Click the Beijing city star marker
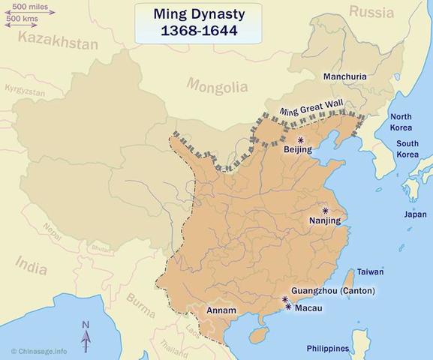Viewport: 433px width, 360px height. click(x=301, y=140)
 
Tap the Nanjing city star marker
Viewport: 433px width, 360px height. click(x=326, y=211)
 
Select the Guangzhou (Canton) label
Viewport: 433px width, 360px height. click(x=334, y=291)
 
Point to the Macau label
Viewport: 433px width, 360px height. click(x=310, y=308)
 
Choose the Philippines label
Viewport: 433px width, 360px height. click(x=328, y=349)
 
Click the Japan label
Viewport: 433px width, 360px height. click(x=415, y=214)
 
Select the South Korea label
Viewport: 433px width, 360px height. click(x=407, y=148)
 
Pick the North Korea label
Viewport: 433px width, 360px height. click(x=400, y=121)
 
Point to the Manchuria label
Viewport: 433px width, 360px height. click(x=346, y=76)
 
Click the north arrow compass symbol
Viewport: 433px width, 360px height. click(x=86, y=335)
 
